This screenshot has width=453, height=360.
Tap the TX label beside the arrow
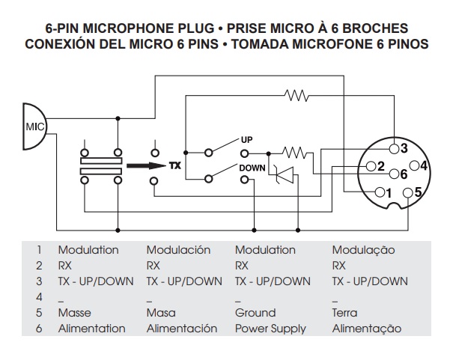pyautogui.click(x=175, y=165)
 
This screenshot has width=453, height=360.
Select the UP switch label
pyautogui.click(x=246, y=140)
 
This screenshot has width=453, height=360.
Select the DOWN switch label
pyautogui.click(x=252, y=168)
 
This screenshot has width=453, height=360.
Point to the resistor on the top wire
pyautogui.click(x=297, y=95)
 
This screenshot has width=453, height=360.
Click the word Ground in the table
pyautogui.click(x=255, y=313)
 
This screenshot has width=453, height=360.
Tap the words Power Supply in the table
pyautogui.click(x=270, y=329)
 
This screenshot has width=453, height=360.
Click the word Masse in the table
pyautogui.click(x=75, y=313)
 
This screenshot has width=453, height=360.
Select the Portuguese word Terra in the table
pyautogui.click(x=344, y=313)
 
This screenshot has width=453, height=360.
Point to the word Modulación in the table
pyautogui.click(x=178, y=250)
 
